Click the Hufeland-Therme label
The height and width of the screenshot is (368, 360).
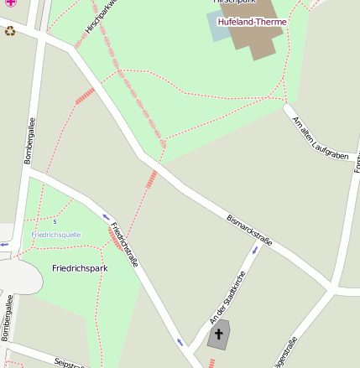point(252,22)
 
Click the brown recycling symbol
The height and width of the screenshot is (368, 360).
point(10,31)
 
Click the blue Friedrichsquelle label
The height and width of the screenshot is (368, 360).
point(56,235)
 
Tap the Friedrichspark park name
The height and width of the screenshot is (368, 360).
point(80,268)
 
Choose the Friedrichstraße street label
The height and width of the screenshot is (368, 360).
point(123,244)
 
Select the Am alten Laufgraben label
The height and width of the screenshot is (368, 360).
point(320,137)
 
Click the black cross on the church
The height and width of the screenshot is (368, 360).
point(219,334)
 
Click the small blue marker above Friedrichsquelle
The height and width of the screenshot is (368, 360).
point(55,221)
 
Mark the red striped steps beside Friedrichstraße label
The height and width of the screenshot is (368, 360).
point(115,241)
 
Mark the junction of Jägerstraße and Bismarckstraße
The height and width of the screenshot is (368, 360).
point(335,289)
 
